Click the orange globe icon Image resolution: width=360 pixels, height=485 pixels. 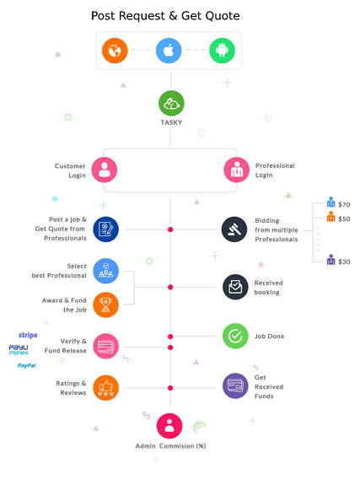(x=115, y=51)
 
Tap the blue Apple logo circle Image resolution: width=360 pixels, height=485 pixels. (x=169, y=51)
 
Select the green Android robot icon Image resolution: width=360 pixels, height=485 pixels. (x=222, y=51)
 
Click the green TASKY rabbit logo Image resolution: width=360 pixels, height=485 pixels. (x=171, y=103)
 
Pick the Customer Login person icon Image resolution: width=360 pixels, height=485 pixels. (x=105, y=170)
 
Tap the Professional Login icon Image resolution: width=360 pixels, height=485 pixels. (x=237, y=170)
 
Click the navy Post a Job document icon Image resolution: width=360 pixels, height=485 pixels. (x=105, y=229)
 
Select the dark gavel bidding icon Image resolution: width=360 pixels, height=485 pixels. (x=234, y=229)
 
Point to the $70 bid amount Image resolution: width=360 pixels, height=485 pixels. (x=344, y=204)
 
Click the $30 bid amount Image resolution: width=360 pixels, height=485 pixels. (x=344, y=261)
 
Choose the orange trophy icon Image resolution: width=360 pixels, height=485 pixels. (x=105, y=305)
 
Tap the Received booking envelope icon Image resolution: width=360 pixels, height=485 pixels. (x=235, y=287)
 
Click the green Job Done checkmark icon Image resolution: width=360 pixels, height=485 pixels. (x=235, y=336)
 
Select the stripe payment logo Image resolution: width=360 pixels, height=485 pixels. (x=28, y=335)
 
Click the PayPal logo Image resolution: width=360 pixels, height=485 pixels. (x=27, y=365)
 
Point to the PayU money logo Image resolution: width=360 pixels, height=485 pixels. (x=19, y=349)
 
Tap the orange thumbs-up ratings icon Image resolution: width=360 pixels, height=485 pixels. (x=105, y=388)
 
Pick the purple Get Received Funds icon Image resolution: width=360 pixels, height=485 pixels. (x=235, y=385)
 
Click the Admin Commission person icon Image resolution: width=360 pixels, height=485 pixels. (x=169, y=426)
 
